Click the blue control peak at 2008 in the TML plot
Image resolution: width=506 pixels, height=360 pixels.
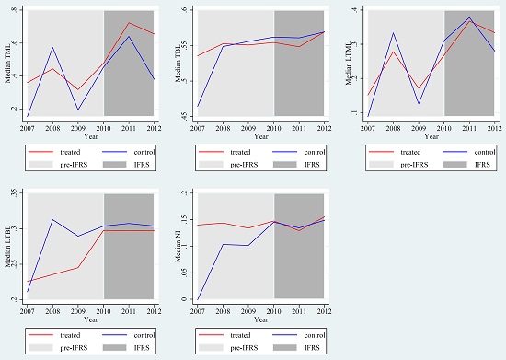click(52, 47)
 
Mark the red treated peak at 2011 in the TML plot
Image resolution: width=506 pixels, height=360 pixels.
click(128, 23)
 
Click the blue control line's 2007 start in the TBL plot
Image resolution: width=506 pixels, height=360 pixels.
click(198, 107)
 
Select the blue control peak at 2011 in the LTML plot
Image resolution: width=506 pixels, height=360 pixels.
click(469, 17)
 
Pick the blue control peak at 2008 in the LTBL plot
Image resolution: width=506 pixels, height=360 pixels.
click(52, 219)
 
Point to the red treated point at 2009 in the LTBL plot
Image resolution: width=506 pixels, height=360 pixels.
click(78, 267)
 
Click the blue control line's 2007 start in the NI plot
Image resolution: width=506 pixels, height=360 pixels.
click(198, 299)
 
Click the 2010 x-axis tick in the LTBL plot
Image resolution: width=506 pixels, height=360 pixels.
click(103, 307)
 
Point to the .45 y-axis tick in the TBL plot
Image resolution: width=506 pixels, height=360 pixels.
click(187, 116)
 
